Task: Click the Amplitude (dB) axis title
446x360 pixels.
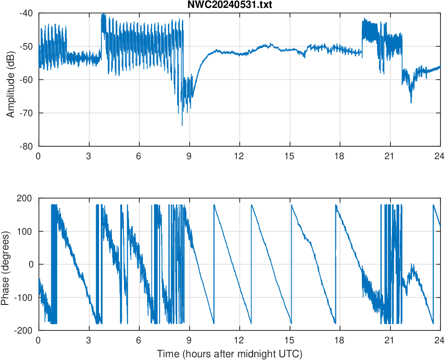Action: (x=10, y=80)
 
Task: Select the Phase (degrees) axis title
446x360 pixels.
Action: (x=6, y=264)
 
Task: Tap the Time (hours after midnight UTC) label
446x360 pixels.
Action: (x=229, y=354)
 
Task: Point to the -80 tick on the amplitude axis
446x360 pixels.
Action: (x=26, y=146)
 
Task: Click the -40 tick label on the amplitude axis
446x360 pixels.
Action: (x=26, y=13)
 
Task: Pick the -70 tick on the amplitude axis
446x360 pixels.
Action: (x=26, y=113)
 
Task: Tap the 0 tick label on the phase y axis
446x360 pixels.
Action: (x=32, y=264)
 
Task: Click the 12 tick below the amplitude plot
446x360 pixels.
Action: (x=239, y=156)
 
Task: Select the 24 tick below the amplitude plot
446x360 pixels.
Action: (x=440, y=156)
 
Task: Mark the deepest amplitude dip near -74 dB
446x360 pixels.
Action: (x=182, y=125)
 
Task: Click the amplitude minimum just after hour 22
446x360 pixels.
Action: (x=411, y=102)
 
